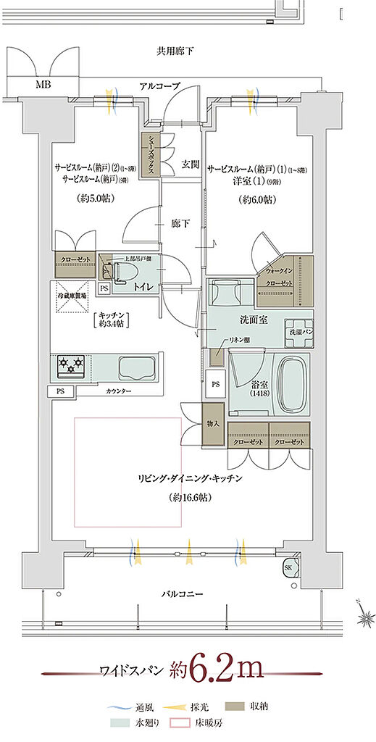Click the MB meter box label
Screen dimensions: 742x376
click(x=43, y=84)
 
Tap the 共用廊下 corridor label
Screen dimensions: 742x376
click(x=175, y=51)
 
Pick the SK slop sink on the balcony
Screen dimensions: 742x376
click(x=289, y=567)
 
